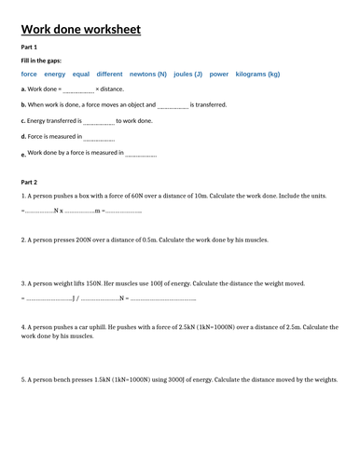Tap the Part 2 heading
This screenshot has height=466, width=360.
click(x=29, y=183)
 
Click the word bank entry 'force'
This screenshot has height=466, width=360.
click(x=29, y=74)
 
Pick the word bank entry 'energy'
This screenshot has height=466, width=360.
click(x=55, y=74)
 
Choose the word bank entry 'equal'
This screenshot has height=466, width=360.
click(x=81, y=74)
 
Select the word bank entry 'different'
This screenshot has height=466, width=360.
click(x=110, y=74)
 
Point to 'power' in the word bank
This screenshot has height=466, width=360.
click(x=219, y=74)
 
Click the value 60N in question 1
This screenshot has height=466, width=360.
click(x=124, y=197)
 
